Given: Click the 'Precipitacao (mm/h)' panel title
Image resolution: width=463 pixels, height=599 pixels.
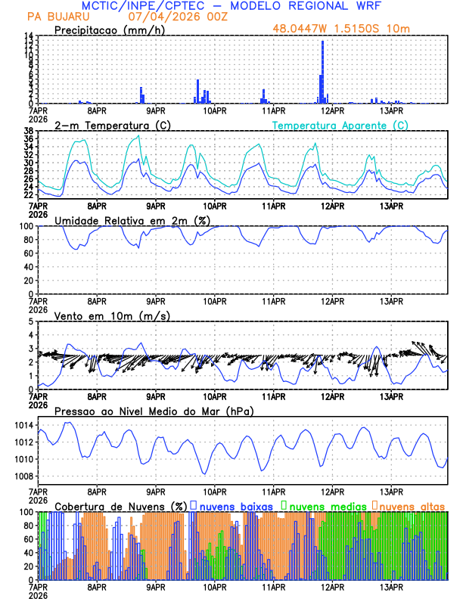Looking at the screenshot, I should [110, 30].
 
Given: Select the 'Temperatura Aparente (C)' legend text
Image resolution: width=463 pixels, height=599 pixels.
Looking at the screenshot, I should [340, 125].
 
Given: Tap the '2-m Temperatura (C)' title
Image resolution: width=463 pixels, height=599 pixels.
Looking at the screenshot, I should [105, 125].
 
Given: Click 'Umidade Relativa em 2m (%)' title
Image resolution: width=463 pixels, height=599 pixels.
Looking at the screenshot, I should [130, 220].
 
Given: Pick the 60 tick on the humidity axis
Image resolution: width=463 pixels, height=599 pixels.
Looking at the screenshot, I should [28, 253].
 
